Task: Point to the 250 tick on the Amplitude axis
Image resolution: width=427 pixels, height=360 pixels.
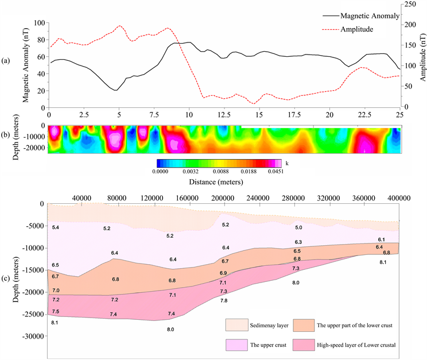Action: click(410, 4)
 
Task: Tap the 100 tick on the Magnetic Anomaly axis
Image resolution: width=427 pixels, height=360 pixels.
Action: click(38, 23)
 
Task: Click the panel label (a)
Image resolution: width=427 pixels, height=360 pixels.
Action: click(6, 60)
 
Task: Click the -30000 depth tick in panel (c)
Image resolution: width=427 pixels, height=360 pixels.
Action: click(32, 337)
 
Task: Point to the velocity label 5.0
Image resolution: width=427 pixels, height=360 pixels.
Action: click(298, 228)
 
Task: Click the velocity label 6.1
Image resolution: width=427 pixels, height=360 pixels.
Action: click(381, 239)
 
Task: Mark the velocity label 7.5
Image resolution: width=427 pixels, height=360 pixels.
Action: click(56, 311)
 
